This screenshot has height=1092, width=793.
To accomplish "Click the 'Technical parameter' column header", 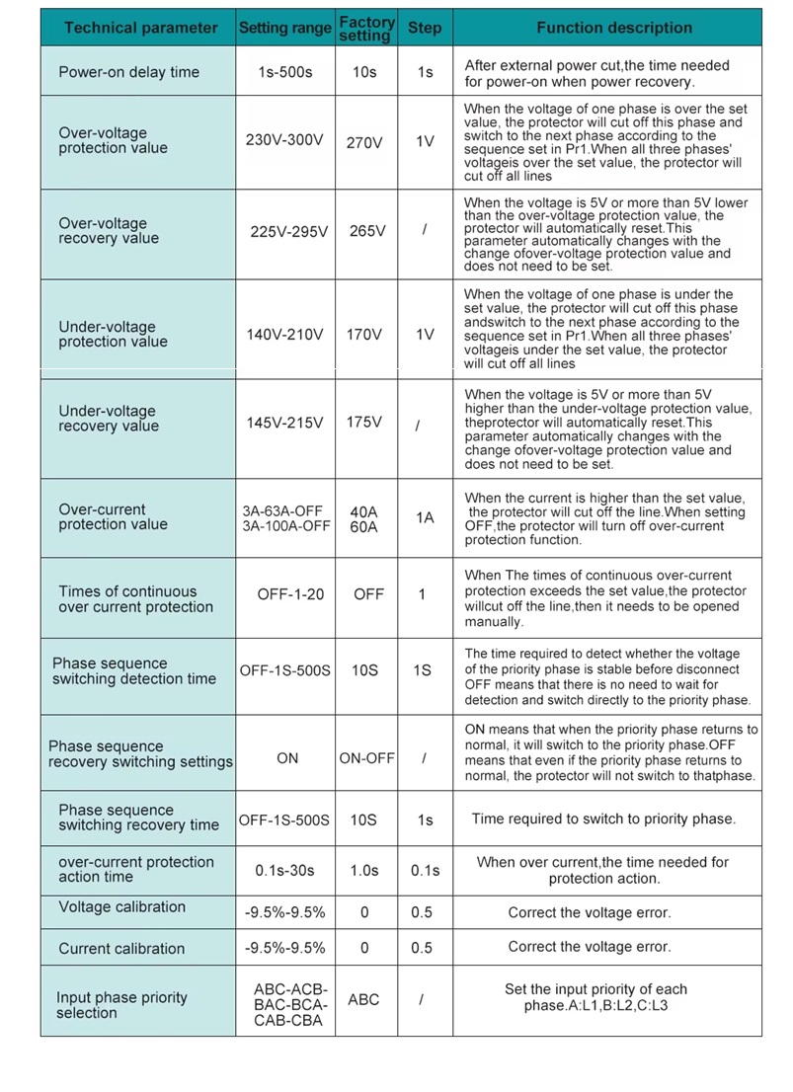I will point(140,28).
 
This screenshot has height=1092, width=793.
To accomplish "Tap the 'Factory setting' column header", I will point(365,28).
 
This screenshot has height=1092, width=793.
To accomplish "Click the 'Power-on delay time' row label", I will point(128,72).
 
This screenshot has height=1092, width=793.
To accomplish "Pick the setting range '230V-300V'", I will point(284,140).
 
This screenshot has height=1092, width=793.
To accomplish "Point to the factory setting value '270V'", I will point(364,142).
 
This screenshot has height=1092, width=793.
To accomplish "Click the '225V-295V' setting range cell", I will point(286,231).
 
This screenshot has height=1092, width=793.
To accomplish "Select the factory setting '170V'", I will point(364,334).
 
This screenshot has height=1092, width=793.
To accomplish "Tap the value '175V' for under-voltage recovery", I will point(364,422).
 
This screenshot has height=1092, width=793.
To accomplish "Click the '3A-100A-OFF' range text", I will point(286,526).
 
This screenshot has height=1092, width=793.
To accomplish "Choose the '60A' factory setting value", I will point(364,527).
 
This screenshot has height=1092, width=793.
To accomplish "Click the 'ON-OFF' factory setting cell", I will point(366,758).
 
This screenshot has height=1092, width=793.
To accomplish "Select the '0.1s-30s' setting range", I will point(285,870).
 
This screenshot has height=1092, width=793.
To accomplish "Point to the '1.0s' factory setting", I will point(364,870).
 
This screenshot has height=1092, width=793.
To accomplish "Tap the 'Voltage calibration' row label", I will point(121,907).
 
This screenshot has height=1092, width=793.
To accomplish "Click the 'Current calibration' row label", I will point(121,949).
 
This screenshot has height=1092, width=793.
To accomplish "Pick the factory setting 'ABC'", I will point(363,999).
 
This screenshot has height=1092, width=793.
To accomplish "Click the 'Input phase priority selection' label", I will point(121,1005).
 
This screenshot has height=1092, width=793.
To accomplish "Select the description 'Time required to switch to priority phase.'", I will point(603,819).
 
